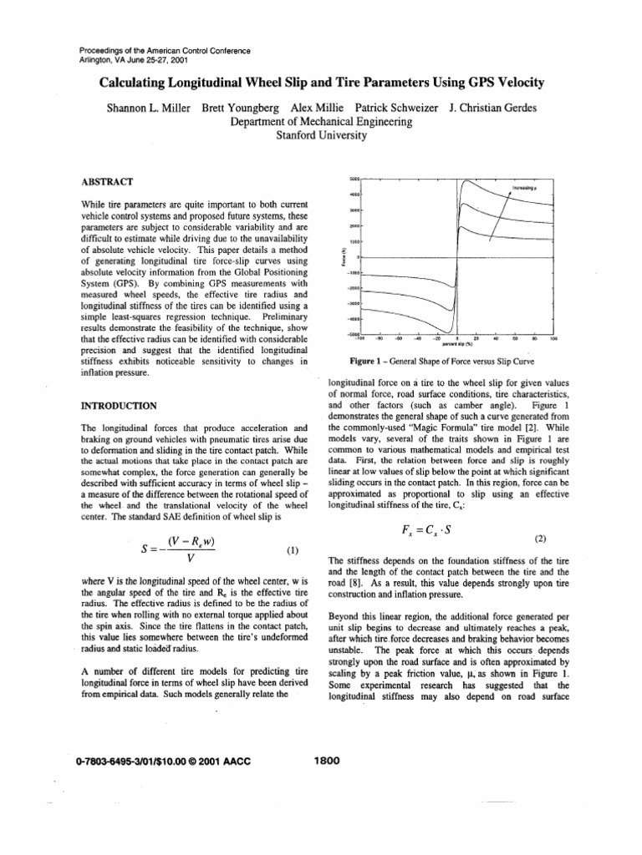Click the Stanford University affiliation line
pyautogui.click(x=321, y=134)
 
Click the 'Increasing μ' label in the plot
pyautogui.click(x=523, y=190)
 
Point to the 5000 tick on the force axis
pyautogui.click(x=354, y=179)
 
